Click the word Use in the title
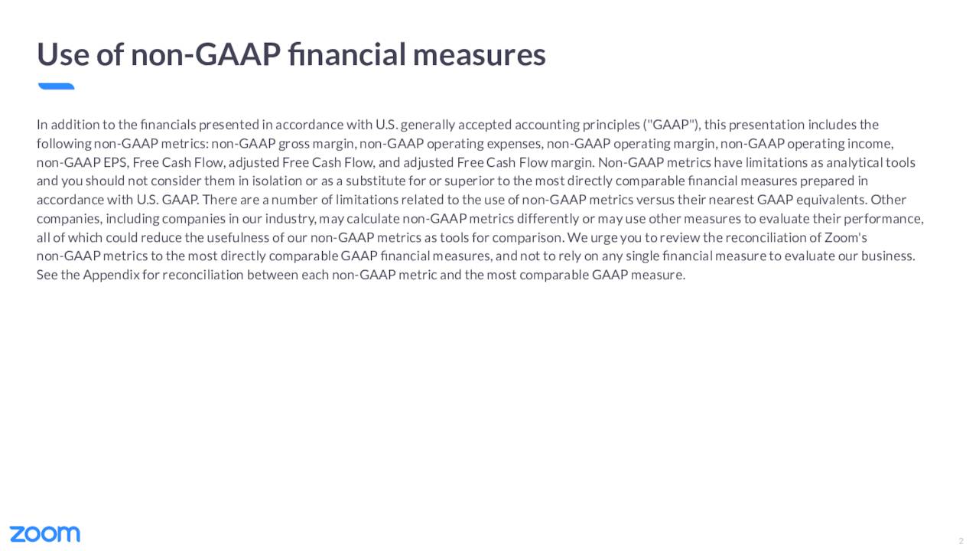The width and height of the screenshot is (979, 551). click(x=63, y=54)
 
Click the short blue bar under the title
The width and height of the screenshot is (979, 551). click(x=57, y=86)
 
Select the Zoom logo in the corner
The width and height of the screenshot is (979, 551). click(x=45, y=534)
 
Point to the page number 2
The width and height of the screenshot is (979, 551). click(x=961, y=541)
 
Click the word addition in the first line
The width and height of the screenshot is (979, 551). click(x=75, y=125)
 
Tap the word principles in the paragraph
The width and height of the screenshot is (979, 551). click(x=611, y=126)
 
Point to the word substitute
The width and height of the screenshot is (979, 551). click(x=376, y=181)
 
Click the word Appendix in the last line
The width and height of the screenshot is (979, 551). click(x=111, y=275)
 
